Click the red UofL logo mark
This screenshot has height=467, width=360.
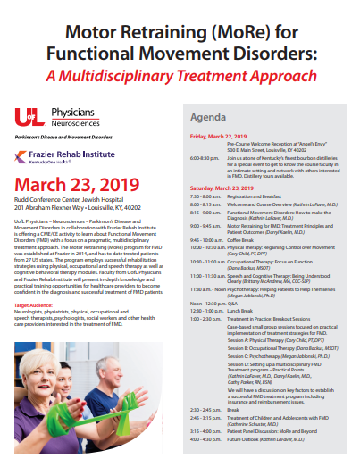point(28,115)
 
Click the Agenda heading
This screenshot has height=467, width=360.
point(208,117)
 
